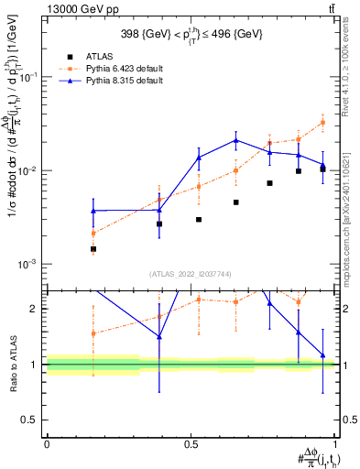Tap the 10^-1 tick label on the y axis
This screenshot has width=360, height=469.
click(x=27, y=78)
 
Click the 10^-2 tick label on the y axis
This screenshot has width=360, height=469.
click(x=27, y=171)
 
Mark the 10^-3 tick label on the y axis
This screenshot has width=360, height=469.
click(x=27, y=265)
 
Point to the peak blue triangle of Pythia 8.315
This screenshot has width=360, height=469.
click(x=236, y=140)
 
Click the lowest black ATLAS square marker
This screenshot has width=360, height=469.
click(x=93, y=248)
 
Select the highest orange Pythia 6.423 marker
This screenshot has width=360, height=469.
click(x=322, y=122)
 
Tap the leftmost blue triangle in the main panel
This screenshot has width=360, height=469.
click(x=93, y=211)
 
